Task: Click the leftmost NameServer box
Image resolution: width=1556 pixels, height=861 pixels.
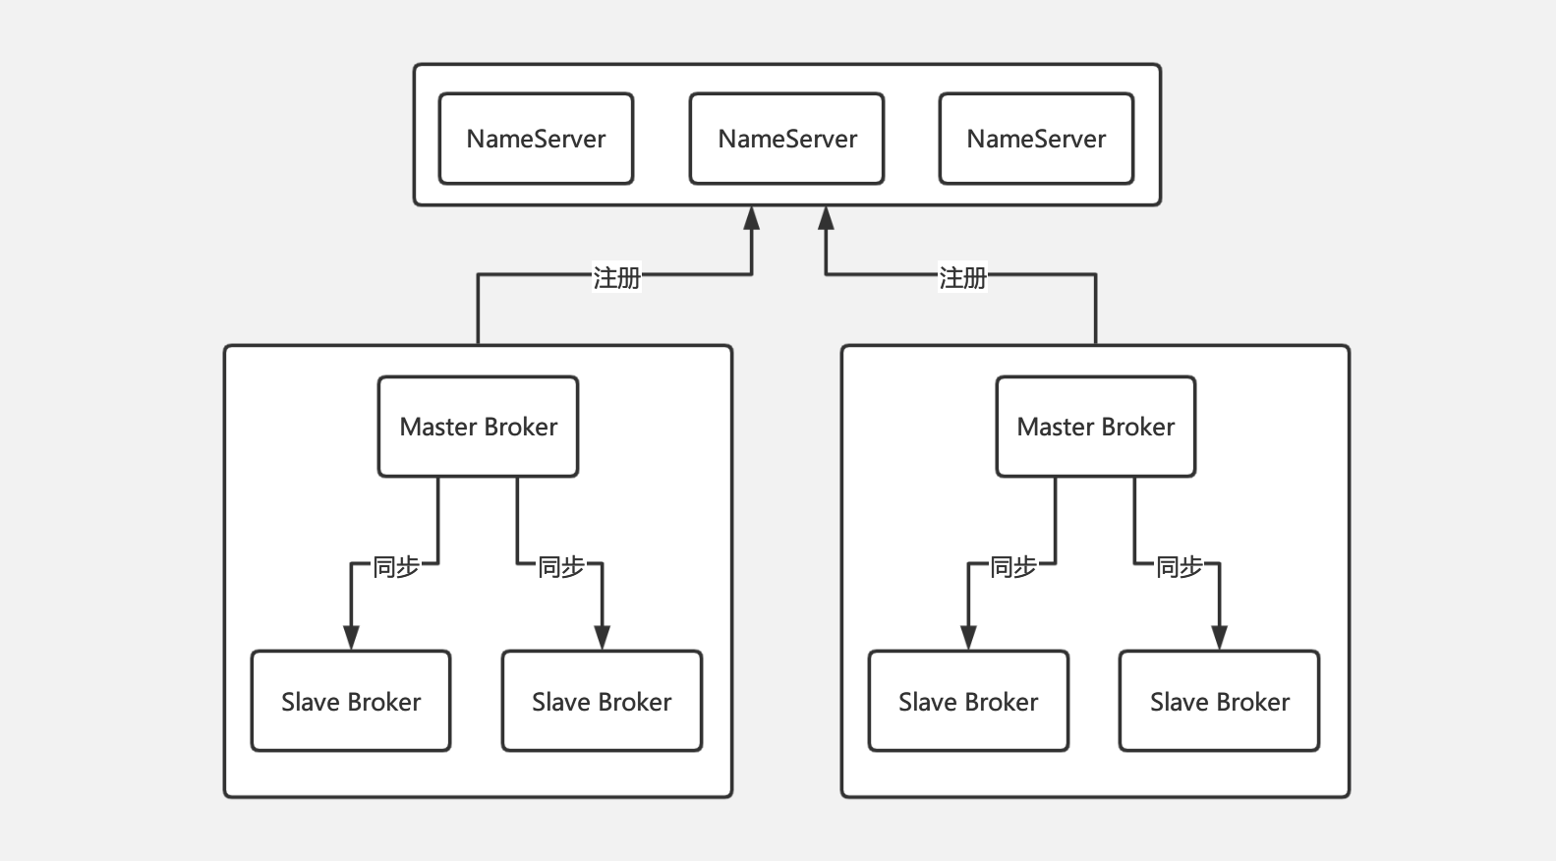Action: (x=536, y=139)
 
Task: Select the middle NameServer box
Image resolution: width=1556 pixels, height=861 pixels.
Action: (x=786, y=139)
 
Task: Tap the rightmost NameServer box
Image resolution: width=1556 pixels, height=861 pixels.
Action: (x=1036, y=139)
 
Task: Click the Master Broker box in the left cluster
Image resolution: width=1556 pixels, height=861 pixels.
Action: (x=478, y=427)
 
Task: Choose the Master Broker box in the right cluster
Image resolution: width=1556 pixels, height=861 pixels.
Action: (x=1095, y=427)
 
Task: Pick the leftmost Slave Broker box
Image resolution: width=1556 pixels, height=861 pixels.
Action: (x=351, y=701)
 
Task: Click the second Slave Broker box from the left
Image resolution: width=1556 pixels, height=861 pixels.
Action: (x=602, y=701)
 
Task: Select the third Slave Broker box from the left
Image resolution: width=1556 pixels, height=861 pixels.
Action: (x=968, y=701)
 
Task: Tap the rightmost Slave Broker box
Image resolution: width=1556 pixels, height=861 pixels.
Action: (x=1219, y=701)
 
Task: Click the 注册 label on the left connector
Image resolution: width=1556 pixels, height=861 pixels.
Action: (x=616, y=278)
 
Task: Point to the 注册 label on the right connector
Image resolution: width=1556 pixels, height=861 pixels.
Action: (x=962, y=278)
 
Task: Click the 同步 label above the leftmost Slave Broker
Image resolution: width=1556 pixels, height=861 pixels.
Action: (x=396, y=566)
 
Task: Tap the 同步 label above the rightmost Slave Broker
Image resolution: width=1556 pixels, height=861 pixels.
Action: (x=1179, y=566)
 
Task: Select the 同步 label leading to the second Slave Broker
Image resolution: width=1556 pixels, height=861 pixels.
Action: (x=561, y=566)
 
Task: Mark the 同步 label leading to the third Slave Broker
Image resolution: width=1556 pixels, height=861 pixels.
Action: (x=1012, y=566)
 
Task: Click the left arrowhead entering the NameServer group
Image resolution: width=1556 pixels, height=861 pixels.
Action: (x=752, y=218)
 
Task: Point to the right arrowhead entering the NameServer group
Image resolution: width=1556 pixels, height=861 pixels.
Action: (x=826, y=218)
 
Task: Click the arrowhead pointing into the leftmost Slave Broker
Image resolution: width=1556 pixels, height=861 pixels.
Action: (x=352, y=638)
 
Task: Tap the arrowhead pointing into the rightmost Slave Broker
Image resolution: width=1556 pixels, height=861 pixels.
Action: (x=1219, y=638)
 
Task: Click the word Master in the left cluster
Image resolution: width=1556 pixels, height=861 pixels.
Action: (x=439, y=427)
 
